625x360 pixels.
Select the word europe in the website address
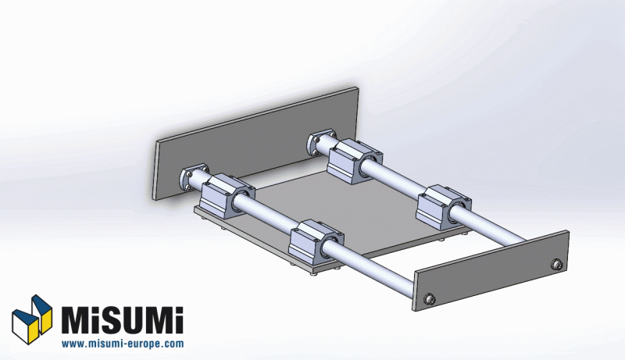click(144, 344)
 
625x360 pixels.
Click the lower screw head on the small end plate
click(429, 299)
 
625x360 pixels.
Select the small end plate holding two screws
click(492, 271)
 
